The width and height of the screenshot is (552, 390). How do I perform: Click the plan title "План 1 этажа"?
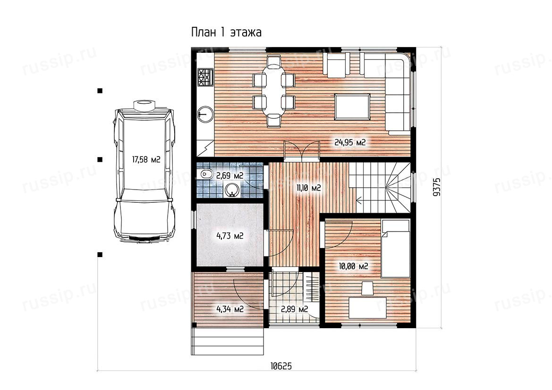226,33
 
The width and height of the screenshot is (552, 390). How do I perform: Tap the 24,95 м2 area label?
349,142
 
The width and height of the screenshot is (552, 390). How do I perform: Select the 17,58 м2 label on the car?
146,160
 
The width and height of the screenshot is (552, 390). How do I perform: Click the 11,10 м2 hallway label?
308,188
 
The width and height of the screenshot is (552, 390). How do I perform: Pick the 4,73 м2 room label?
230,236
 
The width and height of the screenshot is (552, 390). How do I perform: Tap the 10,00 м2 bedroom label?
354,266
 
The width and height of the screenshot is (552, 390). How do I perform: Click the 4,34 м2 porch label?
230,309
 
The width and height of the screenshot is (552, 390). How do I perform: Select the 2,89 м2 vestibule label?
294,309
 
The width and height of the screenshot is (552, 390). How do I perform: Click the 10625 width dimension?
281,366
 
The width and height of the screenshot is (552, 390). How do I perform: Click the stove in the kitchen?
205,77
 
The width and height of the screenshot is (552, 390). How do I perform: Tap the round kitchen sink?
205,114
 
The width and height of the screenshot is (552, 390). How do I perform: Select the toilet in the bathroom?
206,174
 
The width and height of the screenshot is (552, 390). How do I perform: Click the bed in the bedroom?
395,249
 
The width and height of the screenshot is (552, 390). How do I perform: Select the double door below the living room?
302,150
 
